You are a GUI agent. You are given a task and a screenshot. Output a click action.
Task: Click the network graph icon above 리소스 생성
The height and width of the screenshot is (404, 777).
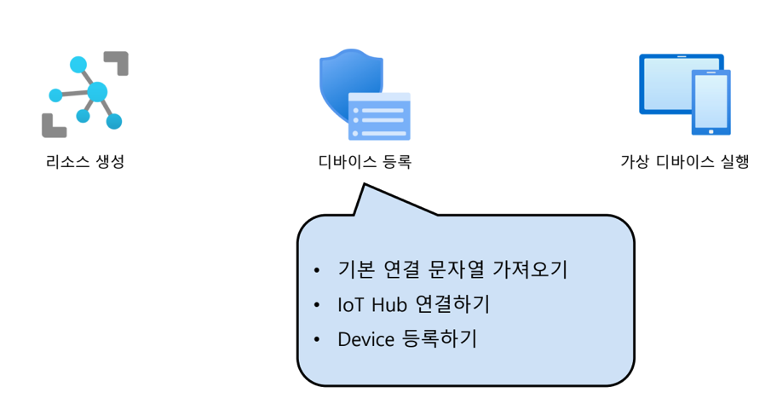pos(85,94)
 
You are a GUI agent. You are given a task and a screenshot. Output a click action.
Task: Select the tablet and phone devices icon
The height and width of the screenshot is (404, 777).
pos(684,95)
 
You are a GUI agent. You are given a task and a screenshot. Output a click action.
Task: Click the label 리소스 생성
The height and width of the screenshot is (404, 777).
pos(85,161)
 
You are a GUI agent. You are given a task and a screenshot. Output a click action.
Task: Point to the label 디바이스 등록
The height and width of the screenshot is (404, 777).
pos(364,161)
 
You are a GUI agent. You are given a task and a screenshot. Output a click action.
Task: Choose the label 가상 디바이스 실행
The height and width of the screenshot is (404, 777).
pos(685,161)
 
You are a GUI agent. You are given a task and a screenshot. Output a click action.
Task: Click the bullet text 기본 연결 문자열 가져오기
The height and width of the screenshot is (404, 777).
pos(452,270)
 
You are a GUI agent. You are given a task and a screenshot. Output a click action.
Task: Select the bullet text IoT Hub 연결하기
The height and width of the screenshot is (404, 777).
pos(413,304)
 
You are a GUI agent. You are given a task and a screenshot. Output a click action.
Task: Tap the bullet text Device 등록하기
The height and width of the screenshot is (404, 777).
pos(407,338)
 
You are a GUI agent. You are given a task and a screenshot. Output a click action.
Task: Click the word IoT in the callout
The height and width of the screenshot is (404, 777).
pos(351,304)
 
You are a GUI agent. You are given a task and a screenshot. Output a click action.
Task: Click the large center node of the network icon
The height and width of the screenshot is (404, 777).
pos(97,91)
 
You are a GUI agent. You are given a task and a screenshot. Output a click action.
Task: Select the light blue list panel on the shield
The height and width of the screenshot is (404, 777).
pos(379,117)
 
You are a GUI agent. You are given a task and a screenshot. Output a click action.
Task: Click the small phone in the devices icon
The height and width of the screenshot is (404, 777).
pos(711,102)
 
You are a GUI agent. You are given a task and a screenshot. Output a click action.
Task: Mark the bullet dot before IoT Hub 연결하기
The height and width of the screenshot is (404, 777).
pos(317,305)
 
